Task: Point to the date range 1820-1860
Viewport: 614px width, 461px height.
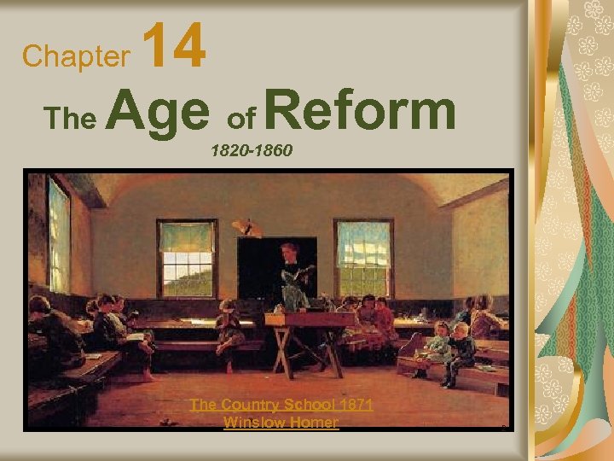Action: (252, 151)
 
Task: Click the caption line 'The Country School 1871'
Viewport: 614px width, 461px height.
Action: (281, 404)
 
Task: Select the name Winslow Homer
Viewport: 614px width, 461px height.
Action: (281, 422)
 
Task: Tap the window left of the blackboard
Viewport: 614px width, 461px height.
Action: (186, 258)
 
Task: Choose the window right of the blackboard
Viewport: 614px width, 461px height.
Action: (364, 256)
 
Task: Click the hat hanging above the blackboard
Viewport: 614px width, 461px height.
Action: (246, 227)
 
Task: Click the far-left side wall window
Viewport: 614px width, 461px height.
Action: (58, 236)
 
